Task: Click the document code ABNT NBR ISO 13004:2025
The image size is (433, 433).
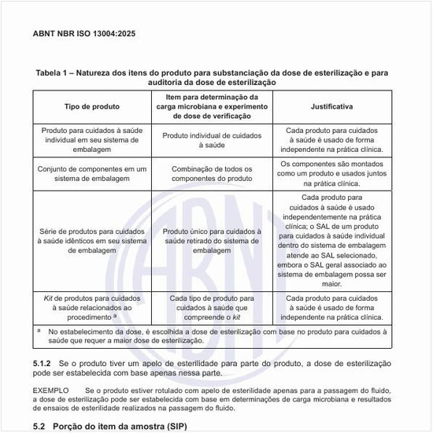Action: pos(84,33)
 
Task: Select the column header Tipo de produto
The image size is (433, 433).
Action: pos(91,105)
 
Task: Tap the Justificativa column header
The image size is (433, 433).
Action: pos(331,105)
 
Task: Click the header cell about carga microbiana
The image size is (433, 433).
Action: pos(211,105)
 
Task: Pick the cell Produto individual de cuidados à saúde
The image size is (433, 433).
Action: pos(211,139)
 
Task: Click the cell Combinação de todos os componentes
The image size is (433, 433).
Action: pos(211,173)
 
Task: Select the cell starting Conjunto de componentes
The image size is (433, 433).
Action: pos(91,173)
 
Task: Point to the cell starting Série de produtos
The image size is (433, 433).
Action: pos(91,241)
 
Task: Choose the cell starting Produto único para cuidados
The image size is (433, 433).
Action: pos(211,241)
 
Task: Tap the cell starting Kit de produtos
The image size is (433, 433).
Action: pos(91,308)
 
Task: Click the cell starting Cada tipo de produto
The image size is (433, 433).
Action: pos(211,308)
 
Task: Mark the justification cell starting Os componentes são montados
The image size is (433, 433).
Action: pos(331,173)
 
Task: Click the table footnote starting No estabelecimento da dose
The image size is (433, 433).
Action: pos(213,336)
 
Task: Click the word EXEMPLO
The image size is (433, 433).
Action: pos(51,390)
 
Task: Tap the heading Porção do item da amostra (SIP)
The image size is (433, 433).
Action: pos(120,425)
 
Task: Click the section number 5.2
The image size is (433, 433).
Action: pos(40,425)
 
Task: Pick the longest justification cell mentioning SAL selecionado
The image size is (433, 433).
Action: pos(331,241)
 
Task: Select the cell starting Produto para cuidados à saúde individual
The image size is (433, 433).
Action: pos(91,139)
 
